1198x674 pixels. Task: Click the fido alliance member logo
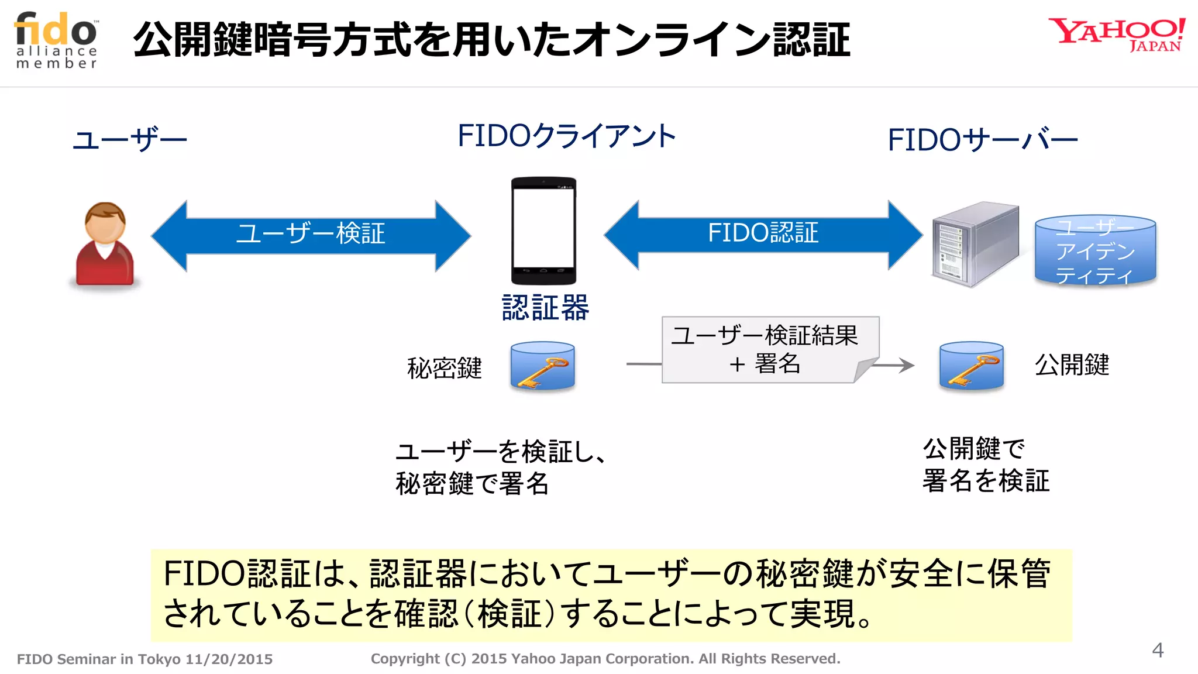56,40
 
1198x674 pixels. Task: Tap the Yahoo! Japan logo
1116,34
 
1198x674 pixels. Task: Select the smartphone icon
543,231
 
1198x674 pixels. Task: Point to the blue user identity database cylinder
1095,250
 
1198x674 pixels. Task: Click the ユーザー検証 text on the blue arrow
311,233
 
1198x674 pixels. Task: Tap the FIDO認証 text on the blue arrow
763,233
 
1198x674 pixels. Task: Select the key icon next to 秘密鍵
542,367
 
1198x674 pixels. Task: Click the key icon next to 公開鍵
971,367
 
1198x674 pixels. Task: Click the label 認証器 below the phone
545,308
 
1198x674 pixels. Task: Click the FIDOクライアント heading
566,136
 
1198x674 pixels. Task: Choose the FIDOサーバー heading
982,140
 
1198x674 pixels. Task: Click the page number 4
1157,650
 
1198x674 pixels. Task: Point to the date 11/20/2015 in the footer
229,659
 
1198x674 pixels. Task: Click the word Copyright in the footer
405,659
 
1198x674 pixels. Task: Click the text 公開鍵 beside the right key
1072,365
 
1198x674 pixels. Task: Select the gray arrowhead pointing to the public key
907,366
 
